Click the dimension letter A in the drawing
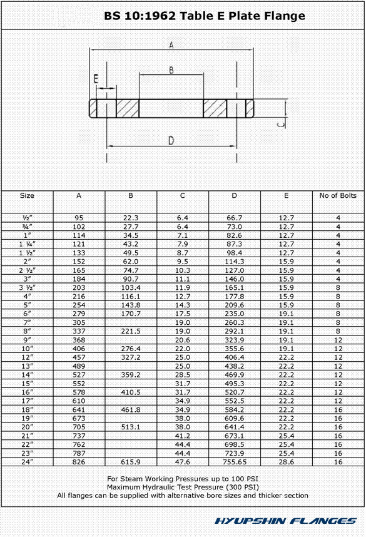point(171,44)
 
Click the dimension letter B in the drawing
point(171,70)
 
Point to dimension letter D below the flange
point(171,141)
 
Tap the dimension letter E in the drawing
point(96,78)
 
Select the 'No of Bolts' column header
point(338,196)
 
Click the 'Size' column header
point(27,196)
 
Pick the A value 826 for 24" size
point(79,462)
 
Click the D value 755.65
point(234,462)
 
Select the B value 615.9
point(131,462)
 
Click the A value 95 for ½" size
point(79,217)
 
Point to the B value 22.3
point(131,217)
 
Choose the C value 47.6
point(182,462)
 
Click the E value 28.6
point(286,462)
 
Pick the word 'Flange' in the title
point(284,16)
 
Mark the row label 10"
point(27,348)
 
